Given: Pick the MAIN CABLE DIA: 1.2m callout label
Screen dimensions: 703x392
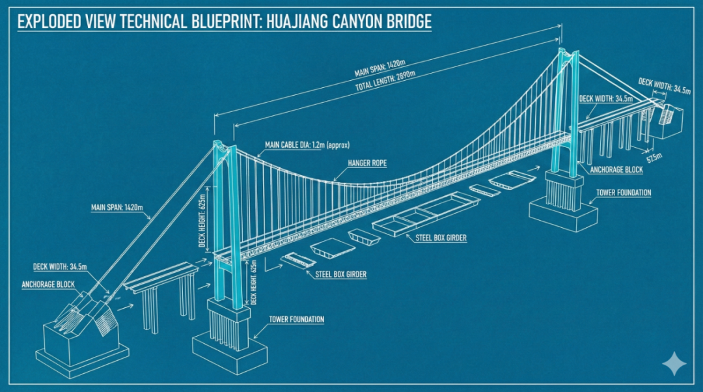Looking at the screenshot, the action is tap(307, 145).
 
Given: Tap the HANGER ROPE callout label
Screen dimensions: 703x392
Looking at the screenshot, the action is tap(367, 163).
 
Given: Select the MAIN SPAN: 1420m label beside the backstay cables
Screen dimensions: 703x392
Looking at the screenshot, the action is tap(117, 208).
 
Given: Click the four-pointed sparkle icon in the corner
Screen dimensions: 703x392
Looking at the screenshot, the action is tap(674, 363).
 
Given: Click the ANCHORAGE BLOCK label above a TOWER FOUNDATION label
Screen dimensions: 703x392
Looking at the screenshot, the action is tap(616, 170).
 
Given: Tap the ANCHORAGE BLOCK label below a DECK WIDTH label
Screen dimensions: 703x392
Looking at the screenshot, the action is tap(48, 285).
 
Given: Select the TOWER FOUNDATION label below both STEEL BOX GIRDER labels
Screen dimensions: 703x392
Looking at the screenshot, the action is tap(296, 319).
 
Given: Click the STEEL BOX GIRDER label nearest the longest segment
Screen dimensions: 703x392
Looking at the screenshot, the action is tap(441, 238).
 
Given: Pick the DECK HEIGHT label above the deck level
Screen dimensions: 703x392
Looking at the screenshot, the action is tap(202, 221).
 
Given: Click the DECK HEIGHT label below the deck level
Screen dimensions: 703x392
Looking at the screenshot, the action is tap(255, 282).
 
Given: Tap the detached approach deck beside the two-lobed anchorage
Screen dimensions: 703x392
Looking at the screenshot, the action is tap(161, 277).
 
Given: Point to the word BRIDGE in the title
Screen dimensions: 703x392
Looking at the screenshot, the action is tap(410, 21).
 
